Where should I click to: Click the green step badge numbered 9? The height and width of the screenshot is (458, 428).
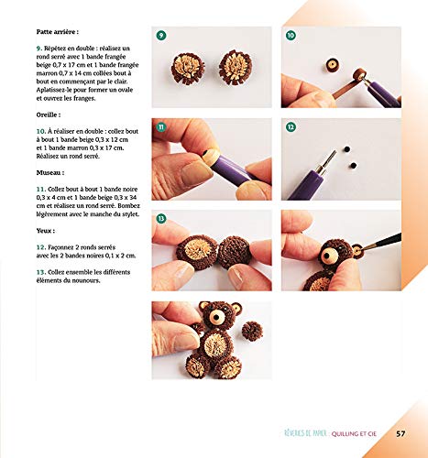tap(161, 35)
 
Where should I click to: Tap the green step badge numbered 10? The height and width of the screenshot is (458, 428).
tap(291, 35)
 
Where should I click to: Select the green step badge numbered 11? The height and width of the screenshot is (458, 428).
tap(161, 126)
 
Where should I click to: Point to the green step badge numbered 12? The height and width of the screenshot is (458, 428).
tap(291, 126)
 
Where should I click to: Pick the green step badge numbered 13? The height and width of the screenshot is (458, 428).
tap(161, 218)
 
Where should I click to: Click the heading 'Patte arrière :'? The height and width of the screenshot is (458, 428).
tap(58, 32)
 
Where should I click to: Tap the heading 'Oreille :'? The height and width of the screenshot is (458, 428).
tap(49, 114)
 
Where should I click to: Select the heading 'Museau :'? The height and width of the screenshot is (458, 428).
tap(50, 172)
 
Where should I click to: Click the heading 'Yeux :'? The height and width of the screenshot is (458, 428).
tap(46, 231)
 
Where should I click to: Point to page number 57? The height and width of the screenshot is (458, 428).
tap(401, 433)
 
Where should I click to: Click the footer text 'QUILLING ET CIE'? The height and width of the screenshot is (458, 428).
tap(354, 433)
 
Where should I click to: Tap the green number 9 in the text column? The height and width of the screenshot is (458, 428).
tap(39, 49)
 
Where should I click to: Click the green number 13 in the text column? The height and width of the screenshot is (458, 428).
tap(41, 272)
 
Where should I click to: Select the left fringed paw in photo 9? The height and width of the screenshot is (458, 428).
tap(188, 69)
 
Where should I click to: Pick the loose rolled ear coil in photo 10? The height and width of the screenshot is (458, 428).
tap(332, 65)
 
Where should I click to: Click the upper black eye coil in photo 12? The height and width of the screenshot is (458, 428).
tap(346, 149)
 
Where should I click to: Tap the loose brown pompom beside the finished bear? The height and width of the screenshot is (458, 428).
tap(252, 331)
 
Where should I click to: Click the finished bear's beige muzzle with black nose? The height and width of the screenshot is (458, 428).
tap(217, 318)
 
